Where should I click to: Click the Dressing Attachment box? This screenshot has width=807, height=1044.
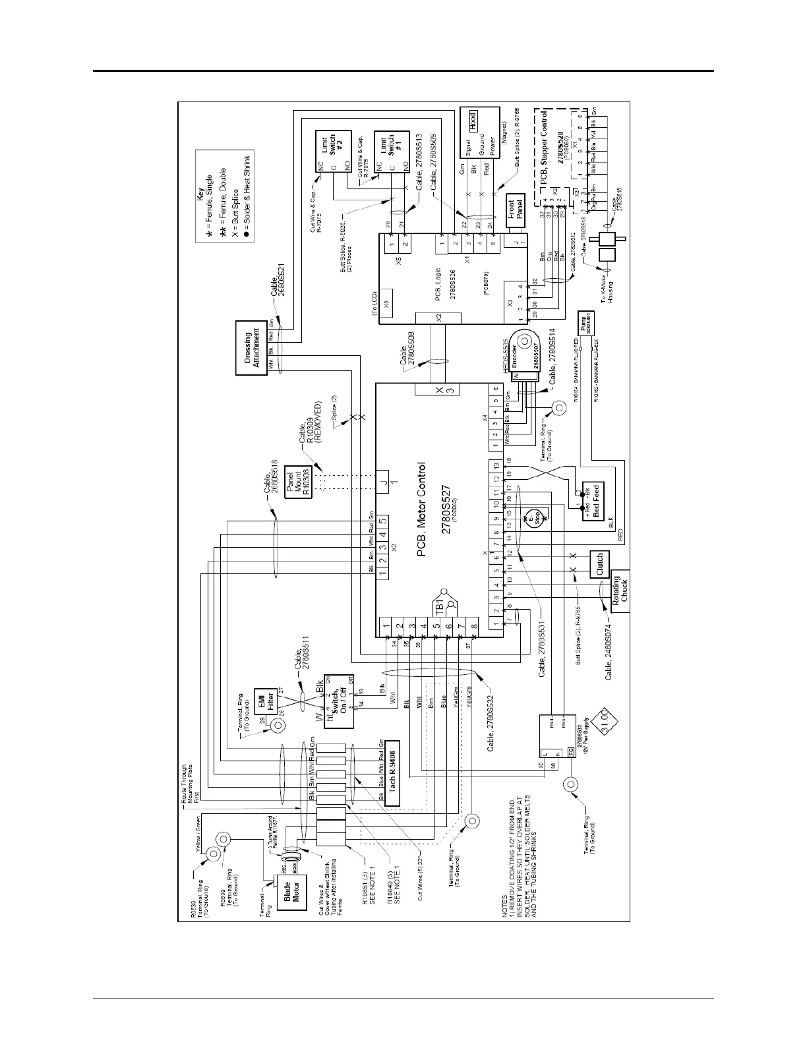click(252, 347)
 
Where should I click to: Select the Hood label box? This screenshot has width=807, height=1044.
click(472, 119)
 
